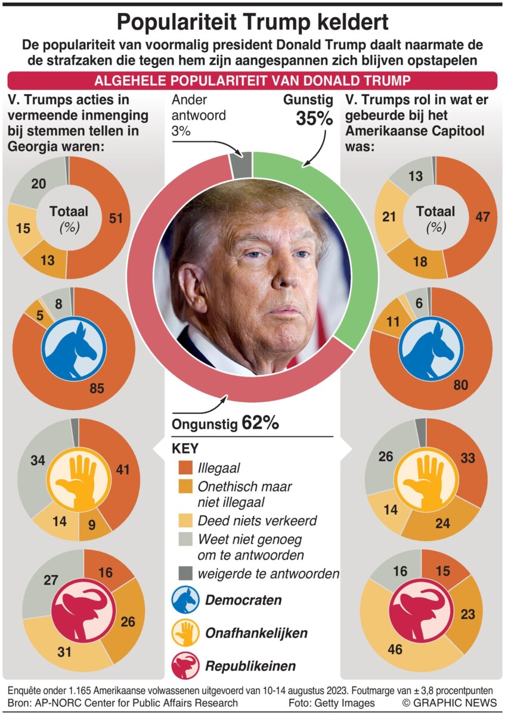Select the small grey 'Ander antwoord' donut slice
[x=240, y=164]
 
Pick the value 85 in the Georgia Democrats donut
[x=97, y=389]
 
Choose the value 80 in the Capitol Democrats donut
[x=460, y=386]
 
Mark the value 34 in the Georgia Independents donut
[x=37, y=460]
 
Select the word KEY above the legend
[x=185, y=449]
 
